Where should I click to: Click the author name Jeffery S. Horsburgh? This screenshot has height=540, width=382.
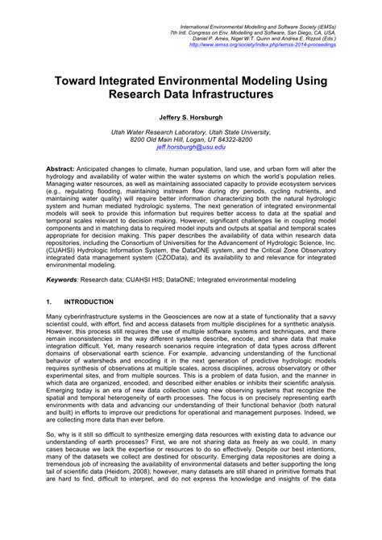click(190, 118)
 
